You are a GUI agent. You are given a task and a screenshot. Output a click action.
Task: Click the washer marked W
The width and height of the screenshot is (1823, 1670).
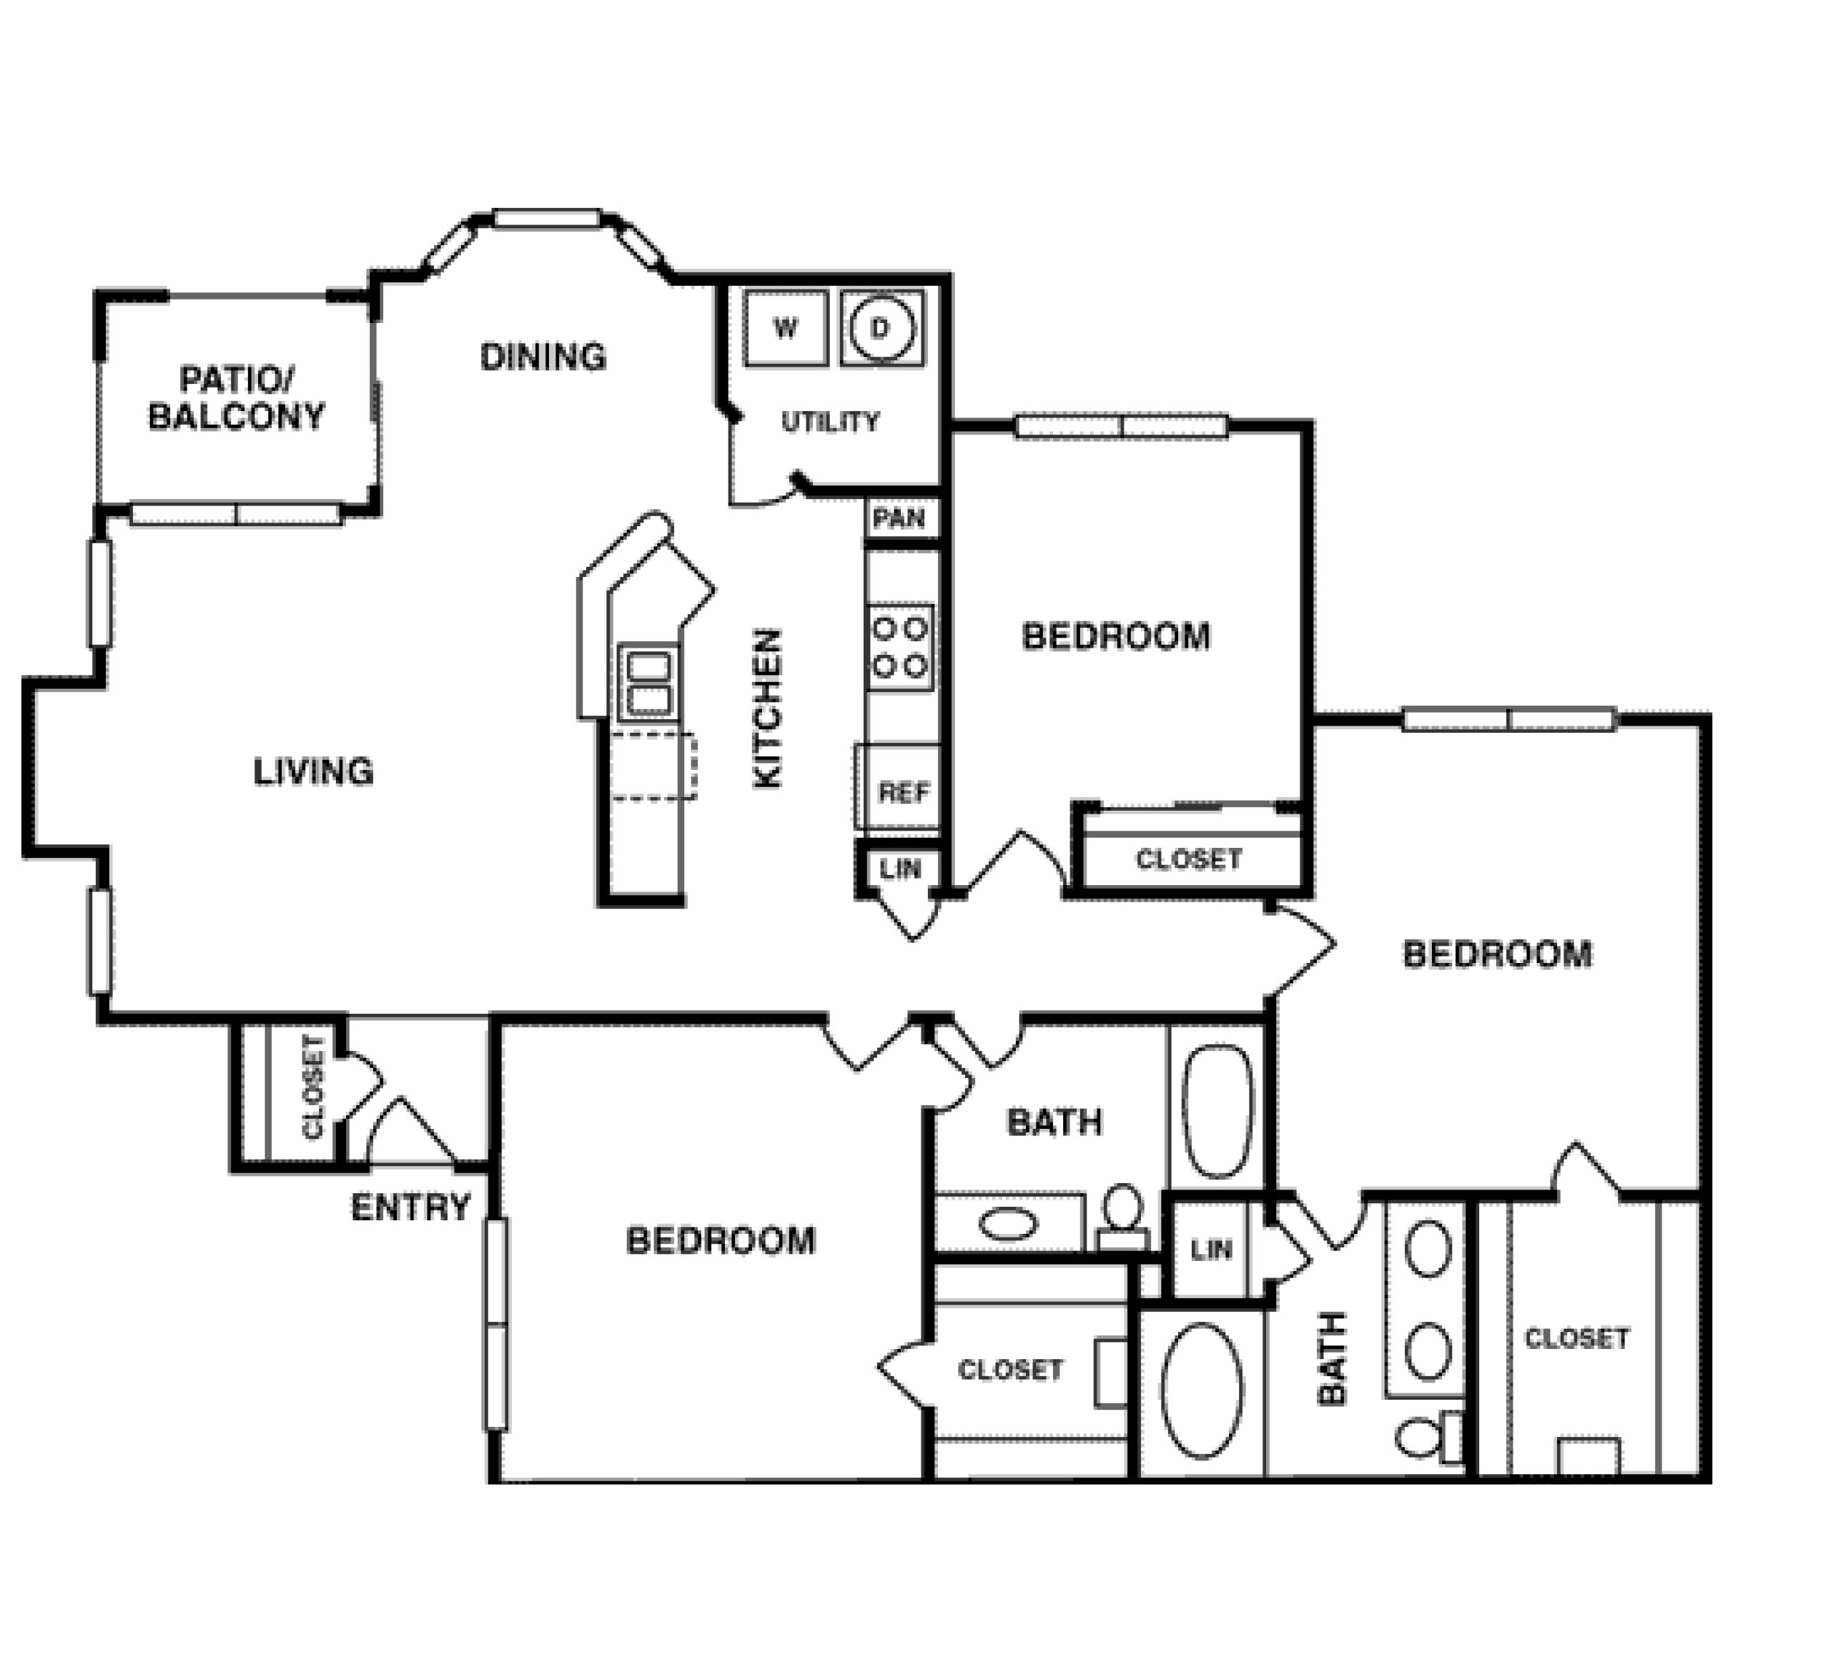pyautogui.click(x=785, y=327)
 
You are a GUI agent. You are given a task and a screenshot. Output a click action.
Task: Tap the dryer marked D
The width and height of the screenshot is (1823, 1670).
pyautogui.click(x=881, y=327)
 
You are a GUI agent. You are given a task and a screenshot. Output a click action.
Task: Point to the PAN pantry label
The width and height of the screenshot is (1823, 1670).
pyautogui.click(x=900, y=519)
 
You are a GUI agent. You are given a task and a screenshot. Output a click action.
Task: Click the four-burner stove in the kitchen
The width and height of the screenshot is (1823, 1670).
pyautogui.click(x=901, y=648)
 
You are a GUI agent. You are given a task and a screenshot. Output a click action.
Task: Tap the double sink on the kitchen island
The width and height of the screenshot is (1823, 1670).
pyautogui.click(x=649, y=683)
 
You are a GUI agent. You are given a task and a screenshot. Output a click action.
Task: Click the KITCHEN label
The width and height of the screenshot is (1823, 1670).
pyautogui.click(x=767, y=709)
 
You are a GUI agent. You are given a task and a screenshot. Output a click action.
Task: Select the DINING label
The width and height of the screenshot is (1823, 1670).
pyautogui.click(x=543, y=357)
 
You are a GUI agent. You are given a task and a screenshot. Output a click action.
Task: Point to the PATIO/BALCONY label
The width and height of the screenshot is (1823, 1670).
pyautogui.click(x=236, y=397)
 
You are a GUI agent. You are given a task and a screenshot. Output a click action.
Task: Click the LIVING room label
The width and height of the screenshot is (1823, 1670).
pyautogui.click(x=313, y=771)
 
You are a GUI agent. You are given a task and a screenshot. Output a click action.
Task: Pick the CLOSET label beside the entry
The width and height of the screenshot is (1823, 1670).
pyautogui.click(x=313, y=1087)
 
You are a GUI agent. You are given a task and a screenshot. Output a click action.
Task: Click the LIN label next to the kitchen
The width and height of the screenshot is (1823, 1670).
pyautogui.click(x=900, y=870)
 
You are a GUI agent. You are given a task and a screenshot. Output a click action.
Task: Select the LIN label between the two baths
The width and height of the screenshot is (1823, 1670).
pyautogui.click(x=1211, y=1250)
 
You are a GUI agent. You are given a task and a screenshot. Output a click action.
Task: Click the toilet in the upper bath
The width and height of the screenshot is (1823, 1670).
pyautogui.click(x=1124, y=1216)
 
